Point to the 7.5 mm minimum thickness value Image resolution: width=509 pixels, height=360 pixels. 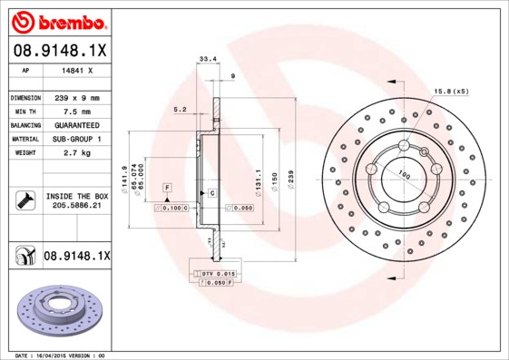click(73, 111)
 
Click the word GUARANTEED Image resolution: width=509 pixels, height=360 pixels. click(73, 124)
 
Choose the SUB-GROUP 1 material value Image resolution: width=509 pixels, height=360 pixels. click(73, 139)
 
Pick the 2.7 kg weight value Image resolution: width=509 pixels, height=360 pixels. click(73, 153)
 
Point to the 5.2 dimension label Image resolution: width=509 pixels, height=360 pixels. click(180, 110)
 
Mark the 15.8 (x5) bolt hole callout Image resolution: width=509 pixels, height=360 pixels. click(451, 92)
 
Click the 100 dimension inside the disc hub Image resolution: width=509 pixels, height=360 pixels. click(403, 175)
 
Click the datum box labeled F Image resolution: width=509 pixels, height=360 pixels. click(168, 187)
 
